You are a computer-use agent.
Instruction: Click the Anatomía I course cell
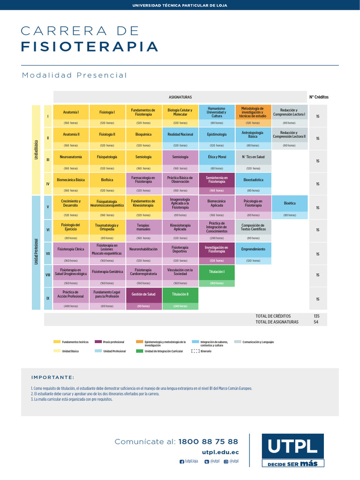pos(71,112)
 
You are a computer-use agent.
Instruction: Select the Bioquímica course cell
pos(143,134)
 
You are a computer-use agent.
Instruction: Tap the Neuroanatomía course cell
pos(71,157)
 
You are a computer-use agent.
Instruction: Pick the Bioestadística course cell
pos(253,180)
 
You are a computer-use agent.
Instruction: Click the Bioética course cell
pos(290,203)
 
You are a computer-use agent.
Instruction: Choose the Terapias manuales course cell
pos(143,227)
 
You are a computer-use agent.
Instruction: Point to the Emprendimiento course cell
pos(253,249)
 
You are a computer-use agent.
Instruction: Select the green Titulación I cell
pos(217,272)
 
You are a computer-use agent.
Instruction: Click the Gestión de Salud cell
pos(143,294)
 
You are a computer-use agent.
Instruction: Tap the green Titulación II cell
pos(180,294)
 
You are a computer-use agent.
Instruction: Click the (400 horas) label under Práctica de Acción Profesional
pos(71,306)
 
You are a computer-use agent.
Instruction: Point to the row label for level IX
pos(48,299)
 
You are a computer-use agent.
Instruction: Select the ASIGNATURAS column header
pos(180,97)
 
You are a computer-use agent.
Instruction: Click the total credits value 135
pos(316,316)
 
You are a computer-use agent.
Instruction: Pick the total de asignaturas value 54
pos(316,322)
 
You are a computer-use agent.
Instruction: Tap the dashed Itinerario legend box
pos(195,351)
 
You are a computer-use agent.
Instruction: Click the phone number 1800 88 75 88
pos(208,442)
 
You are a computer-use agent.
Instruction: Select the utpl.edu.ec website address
pos(220,452)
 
